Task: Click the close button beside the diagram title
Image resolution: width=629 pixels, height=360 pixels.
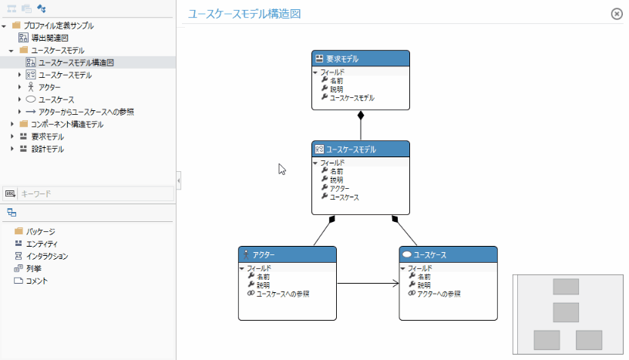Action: coord(616,14)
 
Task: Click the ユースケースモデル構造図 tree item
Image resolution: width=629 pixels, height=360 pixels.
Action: coord(76,62)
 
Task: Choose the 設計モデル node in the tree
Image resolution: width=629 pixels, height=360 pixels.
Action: coord(47,149)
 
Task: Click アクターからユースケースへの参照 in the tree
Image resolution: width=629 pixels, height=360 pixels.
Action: coord(86,112)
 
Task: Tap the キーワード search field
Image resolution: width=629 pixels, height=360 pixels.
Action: coord(92,193)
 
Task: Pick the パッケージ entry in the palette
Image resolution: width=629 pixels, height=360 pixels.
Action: coord(40,231)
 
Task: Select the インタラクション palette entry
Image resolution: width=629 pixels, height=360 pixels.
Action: coord(47,256)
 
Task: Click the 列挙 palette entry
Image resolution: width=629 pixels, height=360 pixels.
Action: coord(34,268)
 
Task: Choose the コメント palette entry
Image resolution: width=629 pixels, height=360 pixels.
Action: coord(36,281)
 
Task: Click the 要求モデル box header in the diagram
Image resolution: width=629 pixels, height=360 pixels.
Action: coord(361,59)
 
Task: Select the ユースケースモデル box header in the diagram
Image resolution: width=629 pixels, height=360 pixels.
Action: coord(361,150)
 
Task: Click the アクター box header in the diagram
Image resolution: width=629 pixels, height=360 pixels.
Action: coord(287,254)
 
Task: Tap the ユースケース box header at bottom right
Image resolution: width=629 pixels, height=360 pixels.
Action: coord(448,254)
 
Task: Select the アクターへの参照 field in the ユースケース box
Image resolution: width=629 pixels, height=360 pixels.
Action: coord(439,294)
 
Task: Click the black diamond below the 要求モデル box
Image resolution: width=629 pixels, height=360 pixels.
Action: coord(360,116)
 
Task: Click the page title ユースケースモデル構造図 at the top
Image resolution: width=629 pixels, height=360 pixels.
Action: coord(244,14)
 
